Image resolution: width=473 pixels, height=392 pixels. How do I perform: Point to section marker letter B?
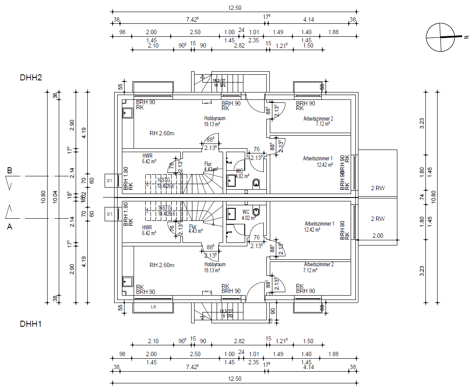click(x=9, y=171)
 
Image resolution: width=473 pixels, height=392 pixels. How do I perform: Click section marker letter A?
click(x=9, y=225)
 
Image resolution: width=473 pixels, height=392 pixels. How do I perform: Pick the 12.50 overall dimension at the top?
click(x=234, y=8)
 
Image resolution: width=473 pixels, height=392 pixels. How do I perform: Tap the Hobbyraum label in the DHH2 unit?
click(x=214, y=118)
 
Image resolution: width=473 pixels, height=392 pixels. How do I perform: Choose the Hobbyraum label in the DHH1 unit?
click(x=214, y=265)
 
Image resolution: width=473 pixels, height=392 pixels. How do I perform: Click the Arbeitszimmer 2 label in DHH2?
click(x=318, y=118)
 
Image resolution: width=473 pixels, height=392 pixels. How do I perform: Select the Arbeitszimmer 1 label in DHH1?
click(x=320, y=224)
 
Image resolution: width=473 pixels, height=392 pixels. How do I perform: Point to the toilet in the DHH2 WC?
click(x=256, y=183)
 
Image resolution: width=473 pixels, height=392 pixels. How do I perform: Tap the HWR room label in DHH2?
click(x=147, y=155)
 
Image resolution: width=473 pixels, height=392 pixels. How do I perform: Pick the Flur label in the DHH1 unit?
click(x=193, y=226)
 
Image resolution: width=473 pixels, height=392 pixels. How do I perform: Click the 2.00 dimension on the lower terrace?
click(x=377, y=236)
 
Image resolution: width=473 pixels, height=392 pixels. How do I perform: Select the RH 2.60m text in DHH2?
click(x=162, y=133)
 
